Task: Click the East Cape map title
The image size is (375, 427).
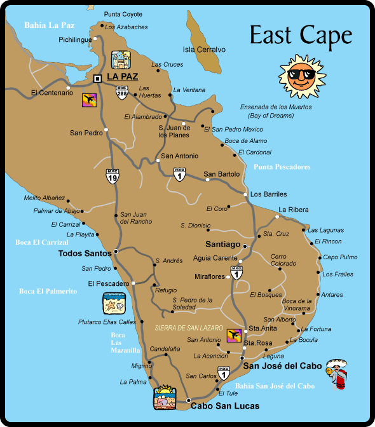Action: pos(300,36)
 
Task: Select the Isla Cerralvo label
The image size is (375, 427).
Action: pos(204,49)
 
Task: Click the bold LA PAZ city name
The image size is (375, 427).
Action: pos(123,77)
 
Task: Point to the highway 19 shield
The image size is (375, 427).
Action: pos(112,175)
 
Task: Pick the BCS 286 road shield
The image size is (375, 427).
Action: pos(122,91)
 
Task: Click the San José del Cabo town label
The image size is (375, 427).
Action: pos(279,366)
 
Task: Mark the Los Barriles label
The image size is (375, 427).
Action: pos(268,194)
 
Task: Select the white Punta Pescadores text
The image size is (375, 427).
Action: pos(282,167)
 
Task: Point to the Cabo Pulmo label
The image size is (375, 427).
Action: pos(340,257)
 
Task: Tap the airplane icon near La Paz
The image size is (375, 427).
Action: pos(90,100)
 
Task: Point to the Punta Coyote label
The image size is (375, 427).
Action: pos(123,13)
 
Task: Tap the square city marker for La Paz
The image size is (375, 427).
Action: pos(97,78)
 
